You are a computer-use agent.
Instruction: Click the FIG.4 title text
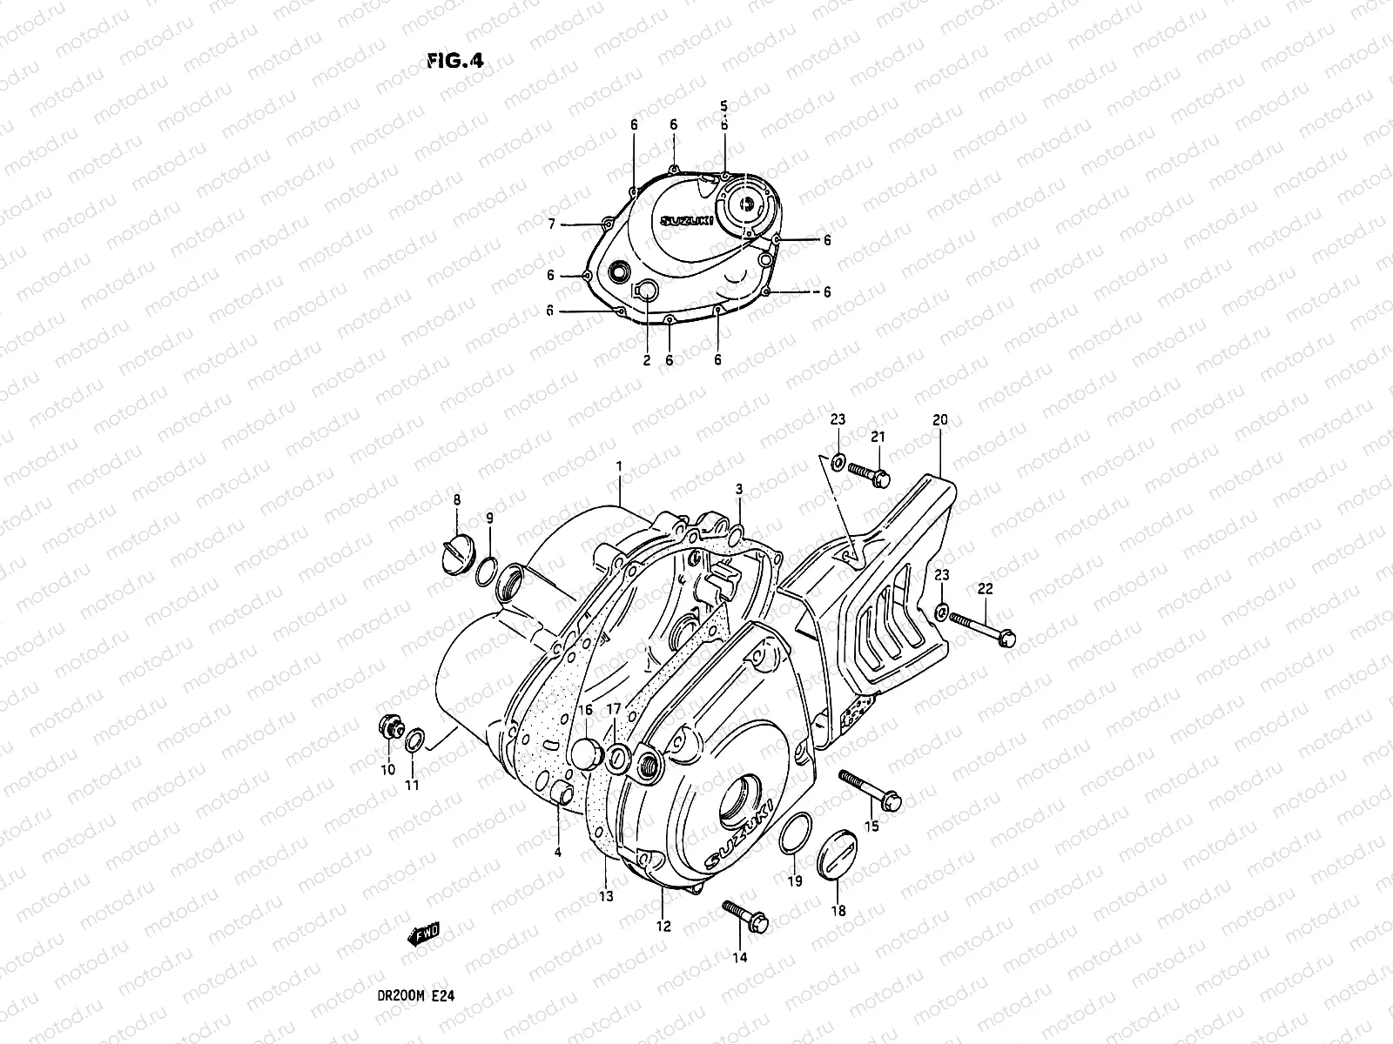[x=454, y=61]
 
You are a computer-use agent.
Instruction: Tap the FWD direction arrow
[x=424, y=935]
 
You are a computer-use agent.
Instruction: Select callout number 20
[x=939, y=419]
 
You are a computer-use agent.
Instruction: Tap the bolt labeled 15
[x=871, y=786]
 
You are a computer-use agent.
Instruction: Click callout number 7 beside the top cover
[x=551, y=224]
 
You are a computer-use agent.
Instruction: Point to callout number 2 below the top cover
[x=647, y=360]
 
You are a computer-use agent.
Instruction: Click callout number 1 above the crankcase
[x=619, y=467]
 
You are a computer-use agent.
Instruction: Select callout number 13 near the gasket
[x=606, y=895]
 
